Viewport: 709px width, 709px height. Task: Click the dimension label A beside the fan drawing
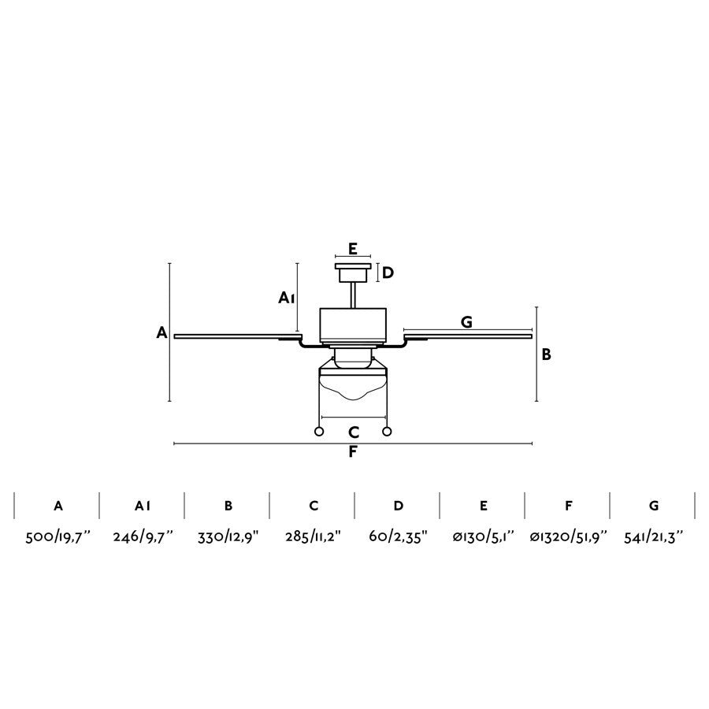(161, 332)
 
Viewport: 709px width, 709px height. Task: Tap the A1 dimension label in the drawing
(287, 298)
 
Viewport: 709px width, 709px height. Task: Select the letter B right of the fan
(546, 354)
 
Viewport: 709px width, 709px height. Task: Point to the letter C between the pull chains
(354, 432)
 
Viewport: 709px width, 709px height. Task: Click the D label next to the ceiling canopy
(388, 273)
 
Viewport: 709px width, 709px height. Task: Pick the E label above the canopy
(353, 249)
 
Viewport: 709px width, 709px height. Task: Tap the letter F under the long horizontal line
(353, 451)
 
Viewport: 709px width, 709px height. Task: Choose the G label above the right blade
(466, 322)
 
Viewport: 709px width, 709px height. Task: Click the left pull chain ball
(319, 432)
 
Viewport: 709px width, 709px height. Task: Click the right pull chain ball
(387, 432)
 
